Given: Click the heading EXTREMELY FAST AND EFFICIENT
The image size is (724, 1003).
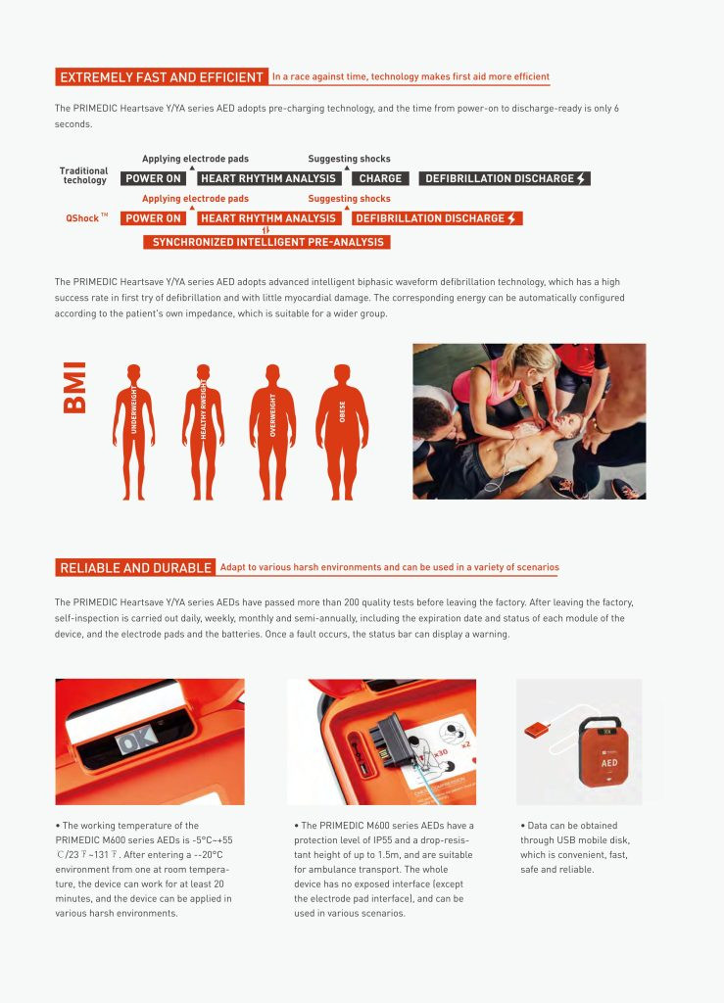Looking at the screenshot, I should coord(161,77).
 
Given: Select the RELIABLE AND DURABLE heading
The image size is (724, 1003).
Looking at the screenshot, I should coord(135,568).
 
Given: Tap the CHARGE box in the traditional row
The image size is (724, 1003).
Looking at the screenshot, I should coord(380,178).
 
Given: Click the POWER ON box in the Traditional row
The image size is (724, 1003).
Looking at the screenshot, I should coord(153,178).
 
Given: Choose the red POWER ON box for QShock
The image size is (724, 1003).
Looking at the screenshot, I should coord(153,218).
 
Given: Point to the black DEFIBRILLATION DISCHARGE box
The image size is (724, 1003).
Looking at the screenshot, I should coord(505,178).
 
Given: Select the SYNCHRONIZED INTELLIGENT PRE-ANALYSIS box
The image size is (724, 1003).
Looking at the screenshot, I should coord(266,242).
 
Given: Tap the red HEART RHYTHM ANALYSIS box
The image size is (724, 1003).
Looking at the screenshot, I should coord(267,218).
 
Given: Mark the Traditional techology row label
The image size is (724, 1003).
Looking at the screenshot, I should coord(84,175).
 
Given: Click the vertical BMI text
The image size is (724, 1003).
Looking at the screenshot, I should coord(75,388).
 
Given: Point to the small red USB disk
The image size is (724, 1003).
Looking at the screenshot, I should coord(538,730).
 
